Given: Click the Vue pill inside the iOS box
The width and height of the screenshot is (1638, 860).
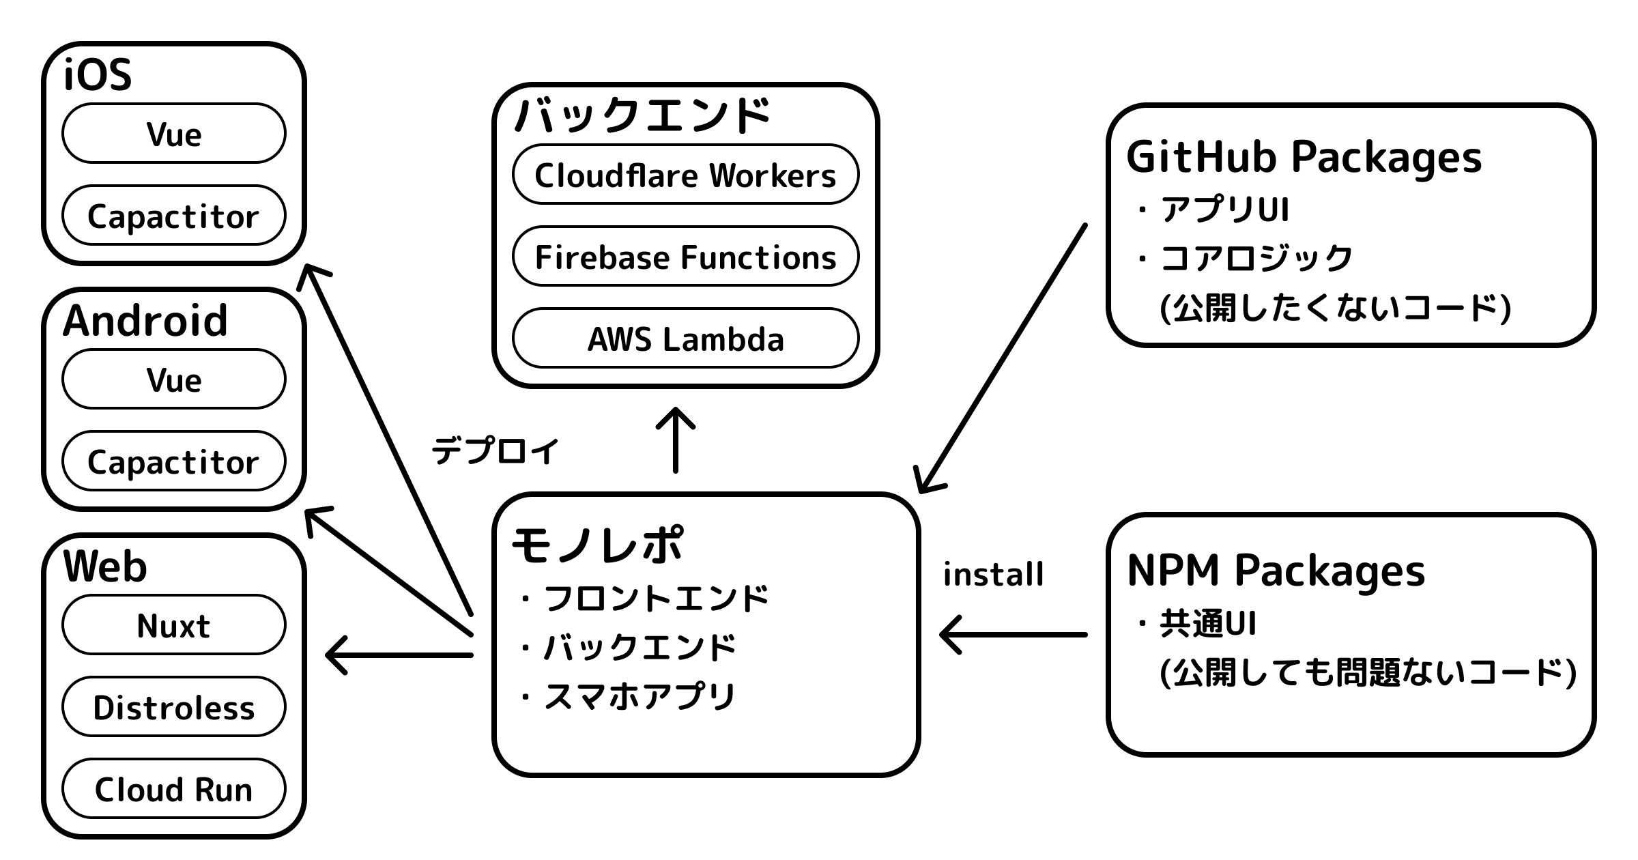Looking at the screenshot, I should [x=174, y=134].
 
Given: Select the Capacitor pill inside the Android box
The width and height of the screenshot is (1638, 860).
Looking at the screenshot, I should [x=174, y=461].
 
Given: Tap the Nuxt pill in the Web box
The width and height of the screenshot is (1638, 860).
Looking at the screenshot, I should [x=174, y=625].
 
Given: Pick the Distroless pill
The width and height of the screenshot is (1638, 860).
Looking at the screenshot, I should [x=174, y=707].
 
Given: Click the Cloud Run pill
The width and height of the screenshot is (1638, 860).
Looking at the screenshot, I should [x=174, y=789].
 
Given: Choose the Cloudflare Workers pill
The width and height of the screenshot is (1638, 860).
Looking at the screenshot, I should [x=685, y=175].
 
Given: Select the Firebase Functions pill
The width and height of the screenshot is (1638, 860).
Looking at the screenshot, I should [x=685, y=257].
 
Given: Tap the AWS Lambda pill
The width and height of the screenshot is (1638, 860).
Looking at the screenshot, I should [x=685, y=339].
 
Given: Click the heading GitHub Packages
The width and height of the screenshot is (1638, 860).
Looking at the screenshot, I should [x=1304, y=157].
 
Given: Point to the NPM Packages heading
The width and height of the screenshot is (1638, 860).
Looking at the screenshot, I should [x=1276, y=571].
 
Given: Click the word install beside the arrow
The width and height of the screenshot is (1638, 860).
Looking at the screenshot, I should [x=993, y=575].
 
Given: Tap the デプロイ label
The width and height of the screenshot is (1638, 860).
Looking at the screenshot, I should [x=495, y=450].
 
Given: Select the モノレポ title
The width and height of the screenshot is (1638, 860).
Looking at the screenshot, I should [x=598, y=545].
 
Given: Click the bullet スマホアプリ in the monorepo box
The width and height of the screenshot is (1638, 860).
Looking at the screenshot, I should [x=638, y=696].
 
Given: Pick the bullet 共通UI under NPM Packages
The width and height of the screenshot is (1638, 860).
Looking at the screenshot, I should [x=1208, y=624].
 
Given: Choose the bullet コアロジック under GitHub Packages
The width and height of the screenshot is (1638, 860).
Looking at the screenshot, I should [x=1256, y=258].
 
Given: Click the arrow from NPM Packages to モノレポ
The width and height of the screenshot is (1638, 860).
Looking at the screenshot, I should [x=1014, y=635].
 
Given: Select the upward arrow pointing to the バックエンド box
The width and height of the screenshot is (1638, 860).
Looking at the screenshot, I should [x=676, y=440].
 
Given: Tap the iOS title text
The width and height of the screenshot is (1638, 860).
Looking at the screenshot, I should [x=98, y=75].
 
